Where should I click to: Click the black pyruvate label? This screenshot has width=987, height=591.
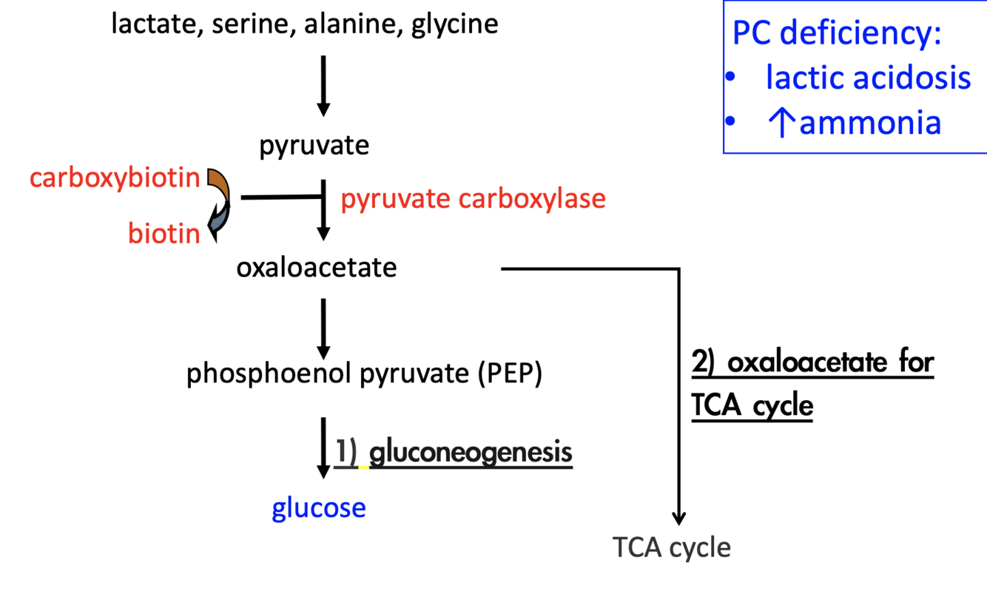click(314, 146)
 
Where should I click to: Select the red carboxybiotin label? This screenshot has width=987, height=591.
click(115, 178)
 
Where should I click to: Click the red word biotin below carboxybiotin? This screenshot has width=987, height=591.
click(164, 234)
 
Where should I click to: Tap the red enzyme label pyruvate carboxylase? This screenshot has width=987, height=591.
click(473, 199)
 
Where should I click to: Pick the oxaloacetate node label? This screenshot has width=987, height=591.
click(316, 268)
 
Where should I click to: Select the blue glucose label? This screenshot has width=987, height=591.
click(319, 508)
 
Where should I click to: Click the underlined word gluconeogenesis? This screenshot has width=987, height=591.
click(471, 452)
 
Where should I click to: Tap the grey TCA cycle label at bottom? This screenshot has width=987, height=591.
click(672, 548)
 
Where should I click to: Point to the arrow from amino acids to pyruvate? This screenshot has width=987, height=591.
click(323, 85)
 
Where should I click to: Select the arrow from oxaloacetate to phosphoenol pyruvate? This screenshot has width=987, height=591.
click(323, 328)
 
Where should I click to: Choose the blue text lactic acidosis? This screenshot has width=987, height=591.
click(868, 77)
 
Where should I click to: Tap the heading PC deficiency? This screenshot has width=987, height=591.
click(837, 34)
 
